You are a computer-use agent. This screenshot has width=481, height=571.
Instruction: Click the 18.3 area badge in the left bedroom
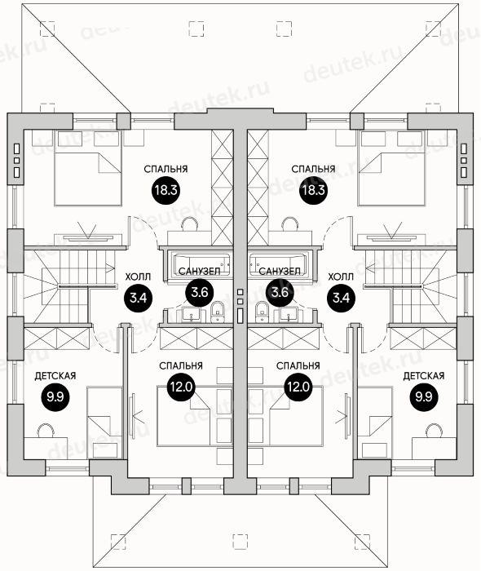(165, 190)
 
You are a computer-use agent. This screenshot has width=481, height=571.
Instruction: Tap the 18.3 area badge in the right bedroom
(314, 190)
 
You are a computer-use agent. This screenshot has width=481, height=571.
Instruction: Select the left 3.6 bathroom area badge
(200, 292)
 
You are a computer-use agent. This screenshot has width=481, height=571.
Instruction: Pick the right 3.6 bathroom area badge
(280, 292)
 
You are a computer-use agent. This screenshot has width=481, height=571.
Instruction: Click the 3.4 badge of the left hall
(139, 299)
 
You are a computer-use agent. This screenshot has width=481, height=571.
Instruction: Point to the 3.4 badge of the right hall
(342, 299)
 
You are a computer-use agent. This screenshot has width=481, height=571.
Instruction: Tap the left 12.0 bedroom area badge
(182, 387)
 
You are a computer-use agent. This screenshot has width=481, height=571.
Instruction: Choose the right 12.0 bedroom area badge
(298, 387)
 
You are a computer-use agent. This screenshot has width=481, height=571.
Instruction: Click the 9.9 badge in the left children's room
(55, 396)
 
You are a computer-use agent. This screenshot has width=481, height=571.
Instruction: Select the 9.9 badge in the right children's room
(424, 396)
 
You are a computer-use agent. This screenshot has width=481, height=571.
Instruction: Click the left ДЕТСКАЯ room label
(55, 376)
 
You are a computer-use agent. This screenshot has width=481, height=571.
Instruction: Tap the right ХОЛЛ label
(341, 277)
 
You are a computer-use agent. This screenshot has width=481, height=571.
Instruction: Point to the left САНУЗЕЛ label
(200, 272)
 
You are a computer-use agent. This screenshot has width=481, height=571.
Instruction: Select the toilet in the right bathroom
(261, 312)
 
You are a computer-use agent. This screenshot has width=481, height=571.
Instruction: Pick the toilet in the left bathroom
(218, 312)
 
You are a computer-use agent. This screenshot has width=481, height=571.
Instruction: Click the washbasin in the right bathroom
(289, 314)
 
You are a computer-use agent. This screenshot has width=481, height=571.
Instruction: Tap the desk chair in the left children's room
(46, 430)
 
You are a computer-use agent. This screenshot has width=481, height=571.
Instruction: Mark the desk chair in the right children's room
(434, 430)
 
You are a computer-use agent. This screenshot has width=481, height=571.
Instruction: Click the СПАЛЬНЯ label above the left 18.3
(165, 170)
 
